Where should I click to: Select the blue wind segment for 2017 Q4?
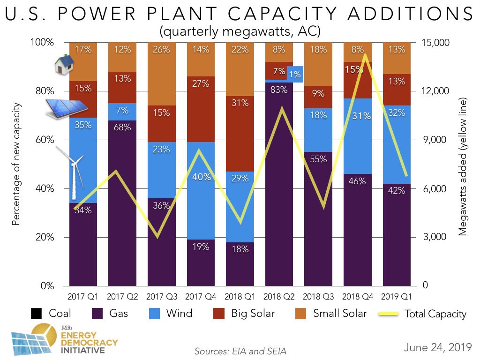[x=201, y=206]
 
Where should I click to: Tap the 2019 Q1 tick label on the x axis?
[x=397, y=296]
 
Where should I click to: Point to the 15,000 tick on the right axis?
[x=436, y=43]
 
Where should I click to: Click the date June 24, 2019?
[x=437, y=347]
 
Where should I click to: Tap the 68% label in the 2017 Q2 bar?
[x=122, y=127]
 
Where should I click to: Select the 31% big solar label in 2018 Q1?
[x=240, y=103]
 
